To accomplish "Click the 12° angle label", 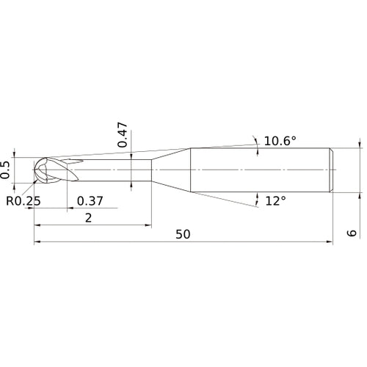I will pyautogui.click(x=275, y=200).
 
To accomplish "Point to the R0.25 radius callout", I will pyautogui.click(x=25, y=200).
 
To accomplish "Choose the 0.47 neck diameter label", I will pyautogui.click(x=124, y=135).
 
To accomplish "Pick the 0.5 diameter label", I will pyautogui.click(x=7, y=170).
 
